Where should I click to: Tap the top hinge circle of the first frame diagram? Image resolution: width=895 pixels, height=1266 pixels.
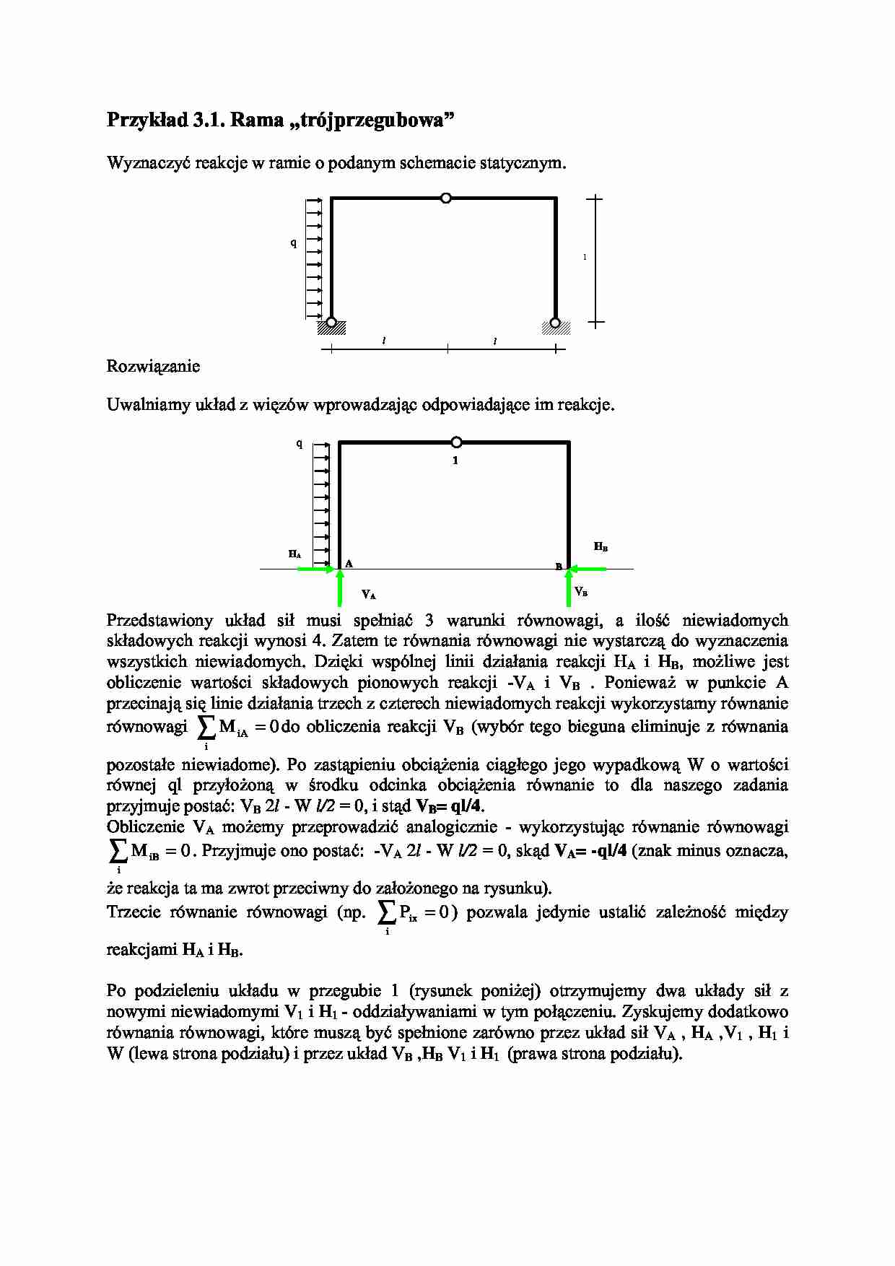[x=446, y=198]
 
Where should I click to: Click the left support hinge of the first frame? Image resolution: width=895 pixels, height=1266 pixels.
[x=331, y=322]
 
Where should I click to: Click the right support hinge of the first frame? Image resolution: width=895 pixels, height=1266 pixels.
[x=555, y=322]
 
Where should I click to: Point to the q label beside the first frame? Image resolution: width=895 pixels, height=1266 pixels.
[x=293, y=243]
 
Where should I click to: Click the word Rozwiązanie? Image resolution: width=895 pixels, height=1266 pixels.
[x=153, y=367]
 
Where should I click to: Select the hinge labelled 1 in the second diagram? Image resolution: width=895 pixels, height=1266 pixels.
[x=455, y=442]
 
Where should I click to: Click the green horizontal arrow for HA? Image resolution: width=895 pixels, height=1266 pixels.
[x=316, y=569]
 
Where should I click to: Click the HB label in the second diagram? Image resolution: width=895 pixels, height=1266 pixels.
[x=601, y=547]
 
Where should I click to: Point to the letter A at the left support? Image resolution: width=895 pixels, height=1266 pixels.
[x=349, y=563]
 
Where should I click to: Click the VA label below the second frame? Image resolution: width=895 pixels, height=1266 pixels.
[x=369, y=595]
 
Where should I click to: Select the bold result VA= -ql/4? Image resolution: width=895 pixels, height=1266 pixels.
[x=590, y=851]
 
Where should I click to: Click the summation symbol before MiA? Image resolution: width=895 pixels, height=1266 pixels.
[x=206, y=727]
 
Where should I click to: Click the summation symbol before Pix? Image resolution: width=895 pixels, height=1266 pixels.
[x=387, y=912]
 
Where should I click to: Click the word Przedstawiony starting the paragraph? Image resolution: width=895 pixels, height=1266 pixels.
[x=160, y=620]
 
